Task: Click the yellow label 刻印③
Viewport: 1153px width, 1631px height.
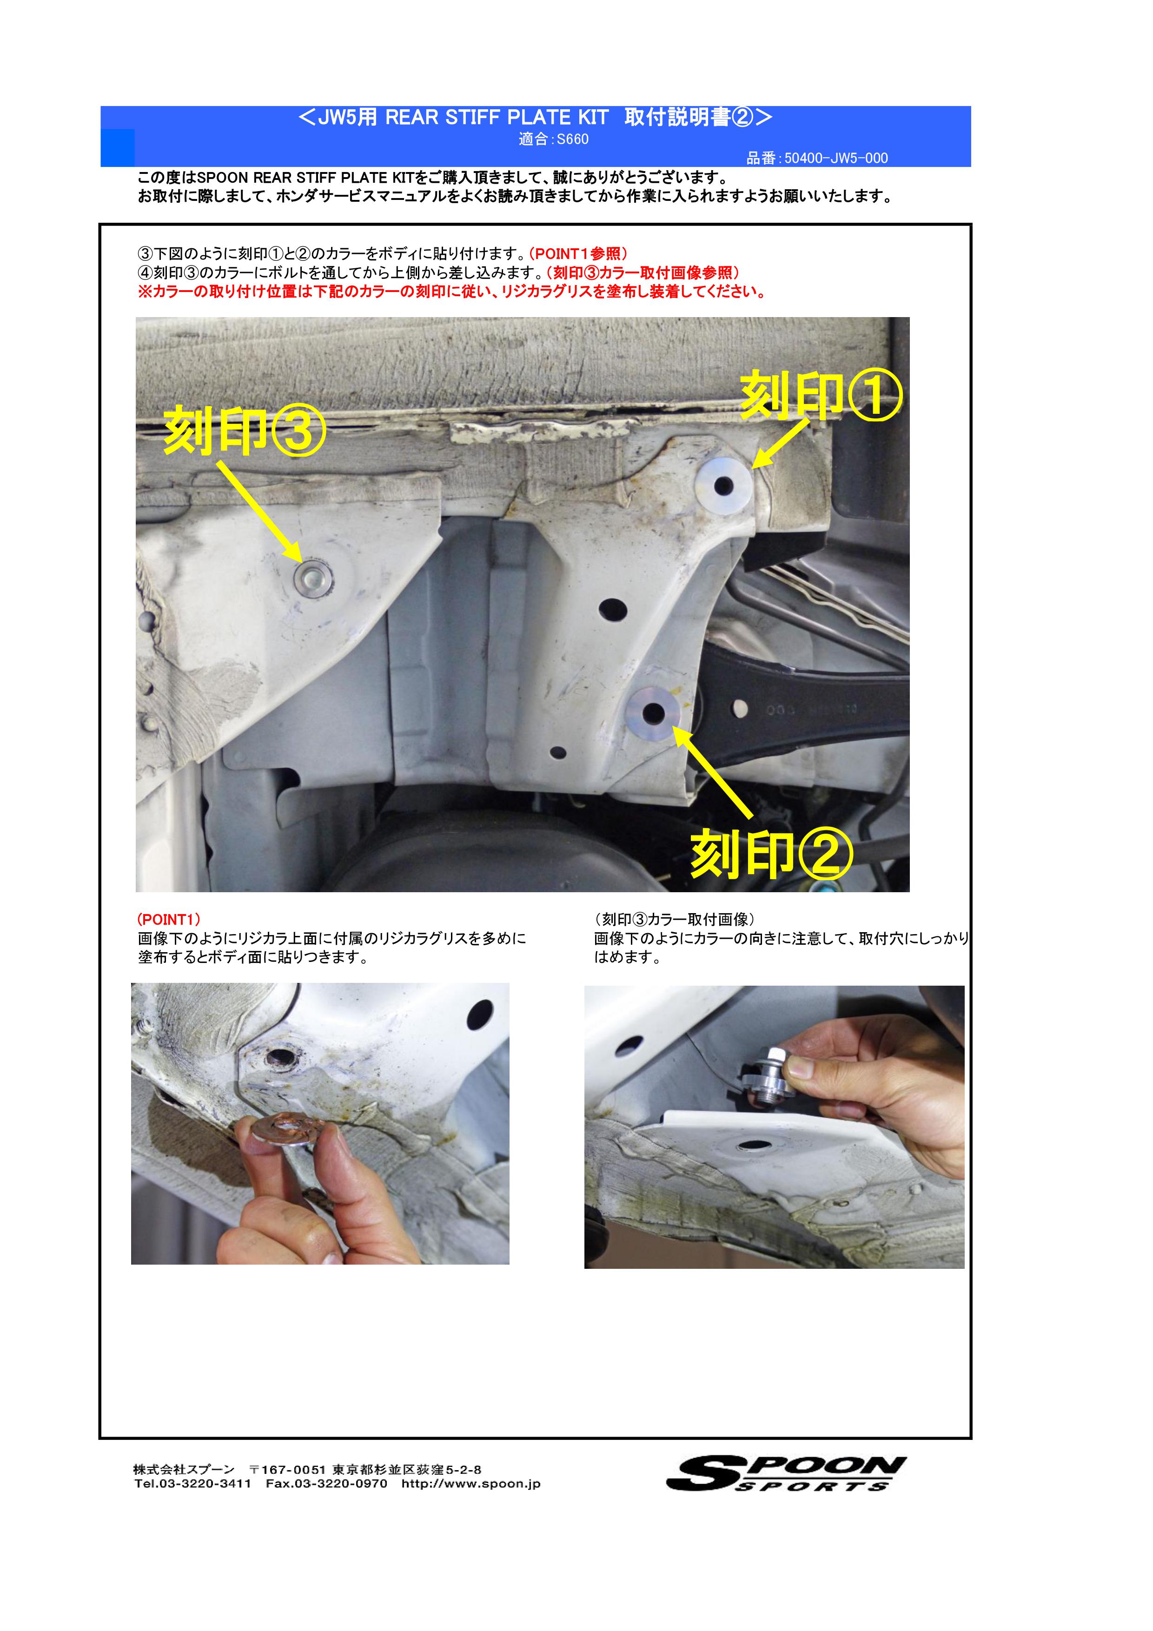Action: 245,432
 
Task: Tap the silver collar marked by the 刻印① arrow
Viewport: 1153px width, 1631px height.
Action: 723,486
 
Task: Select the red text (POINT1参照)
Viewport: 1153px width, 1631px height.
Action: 578,253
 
